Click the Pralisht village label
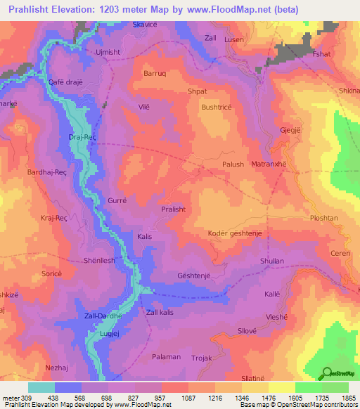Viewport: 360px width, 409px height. coord(173,209)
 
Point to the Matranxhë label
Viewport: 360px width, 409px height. coord(268,164)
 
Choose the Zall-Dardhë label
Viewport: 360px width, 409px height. coord(103,316)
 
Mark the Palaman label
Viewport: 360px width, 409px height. coord(166,357)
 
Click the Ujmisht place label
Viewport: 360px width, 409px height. coord(108,52)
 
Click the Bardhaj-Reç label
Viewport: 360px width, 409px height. coord(46,172)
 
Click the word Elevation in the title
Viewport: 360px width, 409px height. coord(81,10)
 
